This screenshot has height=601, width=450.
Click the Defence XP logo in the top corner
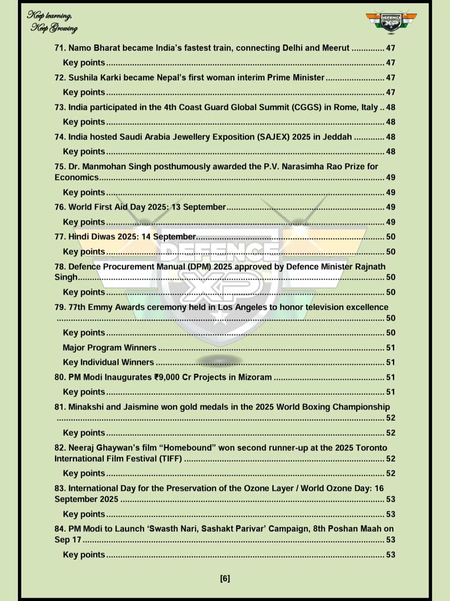pos(391,21)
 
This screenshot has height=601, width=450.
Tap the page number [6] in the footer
pos(225,578)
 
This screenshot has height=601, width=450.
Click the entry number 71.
pos(60,48)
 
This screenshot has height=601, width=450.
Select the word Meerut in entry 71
pos(335,48)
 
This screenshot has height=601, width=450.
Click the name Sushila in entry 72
pos(83,78)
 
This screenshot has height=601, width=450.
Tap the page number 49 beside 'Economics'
pos(390,177)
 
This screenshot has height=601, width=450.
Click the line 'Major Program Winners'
pos(110,348)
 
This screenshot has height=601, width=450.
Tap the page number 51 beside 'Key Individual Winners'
pos(390,362)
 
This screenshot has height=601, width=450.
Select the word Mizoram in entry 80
pos(255,377)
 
